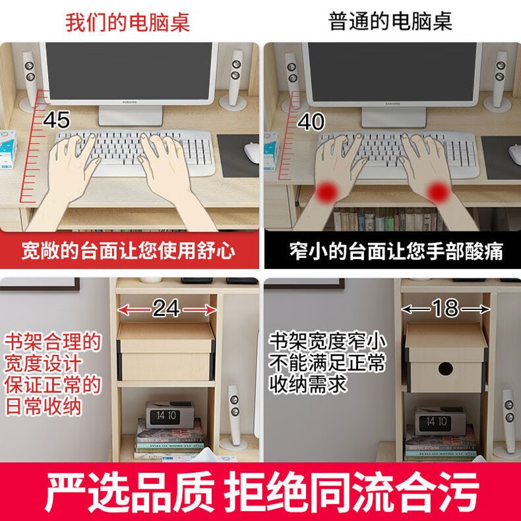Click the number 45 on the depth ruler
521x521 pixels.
(x=57, y=120)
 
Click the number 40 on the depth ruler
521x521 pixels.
(x=311, y=121)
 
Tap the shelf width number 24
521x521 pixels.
(x=166, y=309)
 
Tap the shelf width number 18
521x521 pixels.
(x=446, y=308)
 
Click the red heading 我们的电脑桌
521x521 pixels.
(x=127, y=22)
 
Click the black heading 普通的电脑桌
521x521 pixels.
(x=390, y=21)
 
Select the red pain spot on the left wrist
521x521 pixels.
(x=327, y=191)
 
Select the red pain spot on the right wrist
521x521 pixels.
(x=439, y=191)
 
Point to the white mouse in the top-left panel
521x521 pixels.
(x=251, y=152)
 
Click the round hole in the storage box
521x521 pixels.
(x=445, y=369)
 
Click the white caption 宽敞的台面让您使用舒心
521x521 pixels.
(x=128, y=251)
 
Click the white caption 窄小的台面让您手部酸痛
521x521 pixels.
(x=396, y=251)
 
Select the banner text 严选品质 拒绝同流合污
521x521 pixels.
(x=262, y=491)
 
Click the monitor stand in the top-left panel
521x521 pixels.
(x=131, y=115)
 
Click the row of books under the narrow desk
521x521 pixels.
(x=388, y=220)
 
